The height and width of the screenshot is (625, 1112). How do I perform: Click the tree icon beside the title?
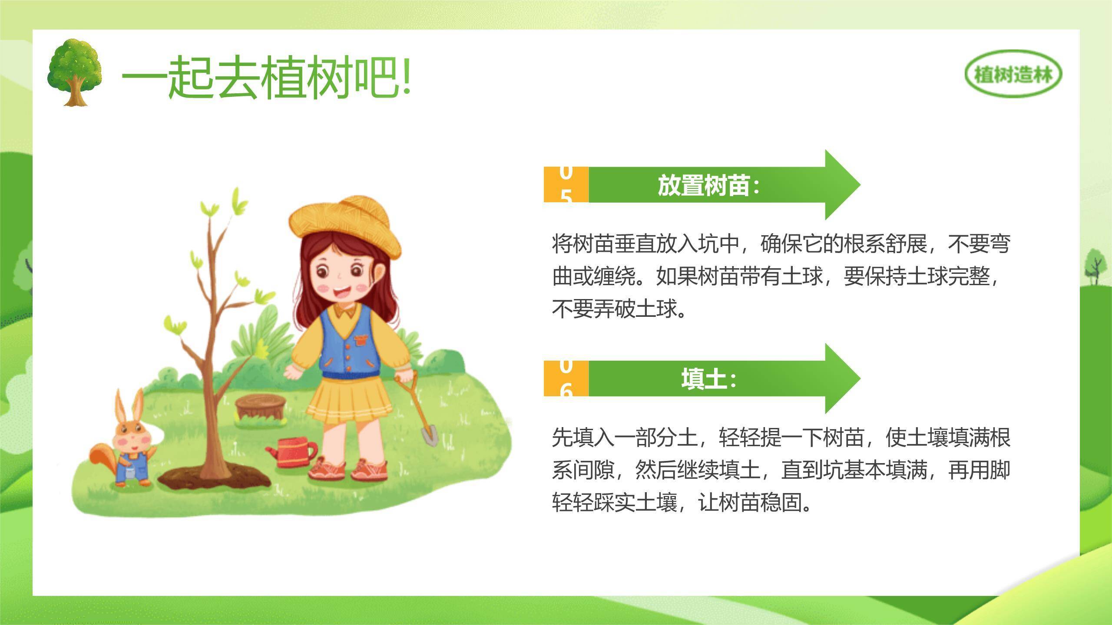(x=75, y=72)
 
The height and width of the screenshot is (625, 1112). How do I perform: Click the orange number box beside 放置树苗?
(x=566, y=184)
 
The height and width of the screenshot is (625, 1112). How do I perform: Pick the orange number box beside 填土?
(x=566, y=378)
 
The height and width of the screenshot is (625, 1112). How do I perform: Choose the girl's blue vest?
(x=347, y=343)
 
